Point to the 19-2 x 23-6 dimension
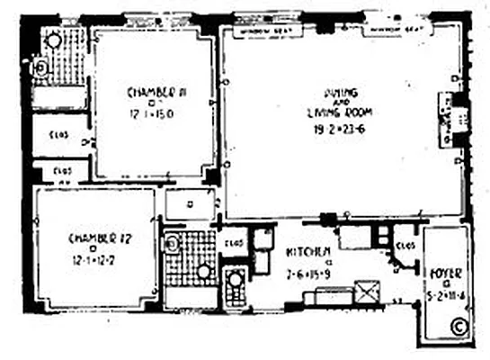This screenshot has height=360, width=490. tap(336, 128)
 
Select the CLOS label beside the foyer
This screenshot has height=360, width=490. tap(404, 243)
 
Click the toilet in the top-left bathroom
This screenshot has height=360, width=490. tap(40, 66)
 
